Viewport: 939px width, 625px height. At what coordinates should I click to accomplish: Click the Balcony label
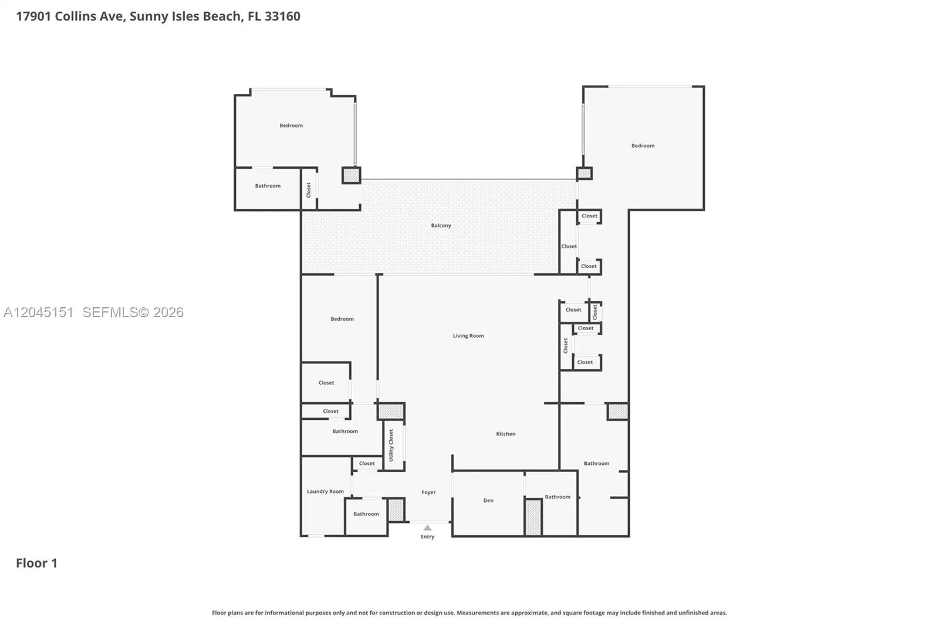(x=441, y=225)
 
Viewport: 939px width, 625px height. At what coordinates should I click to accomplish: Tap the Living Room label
(x=468, y=335)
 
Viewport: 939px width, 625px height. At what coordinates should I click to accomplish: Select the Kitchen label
(x=505, y=433)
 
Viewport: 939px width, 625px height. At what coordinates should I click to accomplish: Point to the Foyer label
(x=428, y=492)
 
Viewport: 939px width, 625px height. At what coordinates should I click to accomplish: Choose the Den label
(x=488, y=500)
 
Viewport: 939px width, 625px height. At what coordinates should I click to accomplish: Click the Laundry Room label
(x=325, y=491)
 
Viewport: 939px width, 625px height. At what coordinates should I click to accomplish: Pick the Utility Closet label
(x=391, y=445)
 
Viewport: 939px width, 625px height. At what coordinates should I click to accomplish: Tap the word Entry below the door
(x=428, y=536)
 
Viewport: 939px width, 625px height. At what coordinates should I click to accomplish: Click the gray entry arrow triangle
(x=427, y=528)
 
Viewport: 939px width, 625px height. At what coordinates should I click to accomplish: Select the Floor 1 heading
(x=36, y=563)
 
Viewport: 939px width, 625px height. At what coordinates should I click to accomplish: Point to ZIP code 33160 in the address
(x=282, y=16)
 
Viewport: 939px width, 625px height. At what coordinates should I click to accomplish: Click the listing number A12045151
(x=39, y=312)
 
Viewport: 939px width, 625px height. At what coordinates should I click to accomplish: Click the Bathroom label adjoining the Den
(x=558, y=497)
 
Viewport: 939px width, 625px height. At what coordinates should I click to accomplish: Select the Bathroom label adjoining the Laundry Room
(x=366, y=514)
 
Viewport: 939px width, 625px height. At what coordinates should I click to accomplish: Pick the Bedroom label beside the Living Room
(x=342, y=319)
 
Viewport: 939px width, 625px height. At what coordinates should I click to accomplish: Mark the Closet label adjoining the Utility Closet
(x=367, y=463)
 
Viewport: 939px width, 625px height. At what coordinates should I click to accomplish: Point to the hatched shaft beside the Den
(x=533, y=517)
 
